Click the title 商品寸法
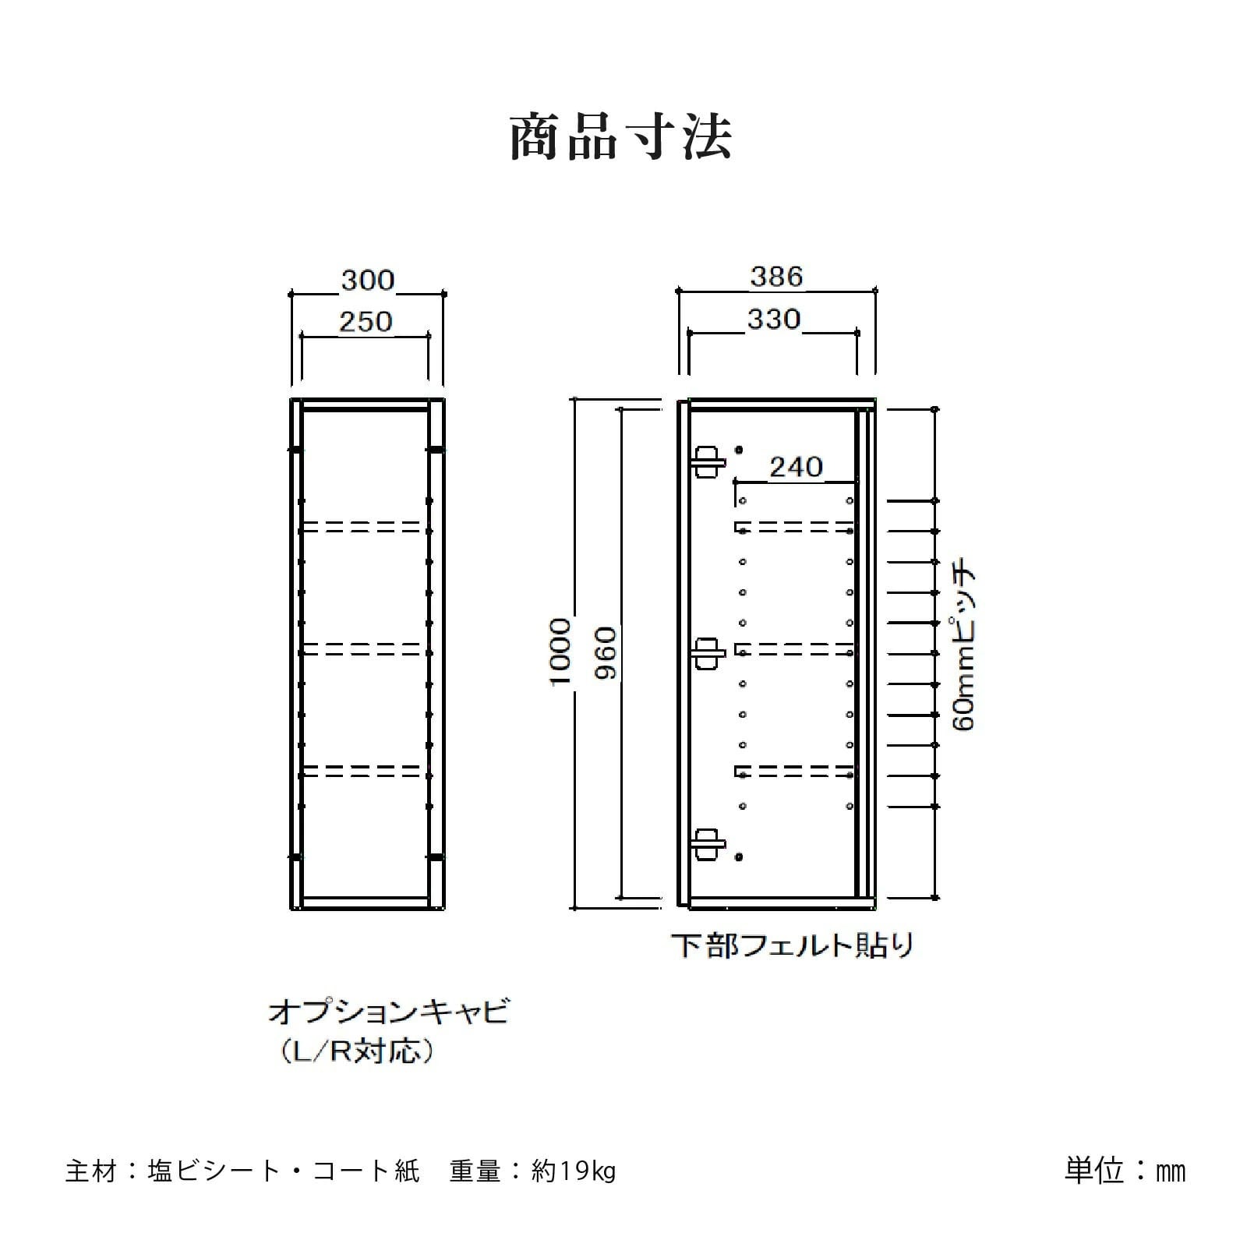(x=621, y=139)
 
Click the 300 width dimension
(x=368, y=281)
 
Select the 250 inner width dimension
(x=366, y=322)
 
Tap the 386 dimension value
(x=776, y=277)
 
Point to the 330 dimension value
(x=774, y=320)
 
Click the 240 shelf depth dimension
(x=796, y=467)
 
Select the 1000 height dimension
(x=561, y=652)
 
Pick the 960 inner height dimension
(x=606, y=652)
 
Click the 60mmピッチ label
(x=964, y=644)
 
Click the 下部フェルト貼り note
(x=792, y=945)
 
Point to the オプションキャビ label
(x=388, y=1013)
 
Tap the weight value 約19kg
(x=574, y=1172)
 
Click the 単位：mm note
(x=1125, y=1171)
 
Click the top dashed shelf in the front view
(x=366, y=527)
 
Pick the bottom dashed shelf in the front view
(x=366, y=771)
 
